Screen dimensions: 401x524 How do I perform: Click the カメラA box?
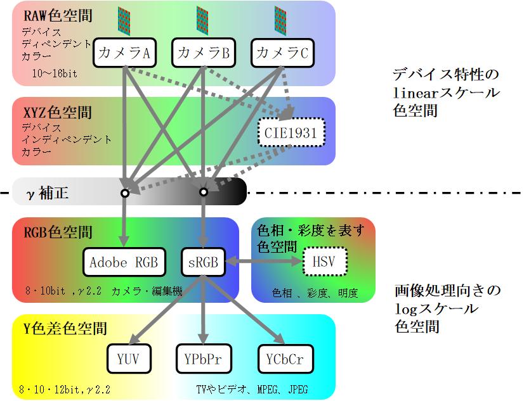pos(124,54)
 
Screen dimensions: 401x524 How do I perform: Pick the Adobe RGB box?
pos(124,262)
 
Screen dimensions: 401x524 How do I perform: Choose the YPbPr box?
pos(203,359)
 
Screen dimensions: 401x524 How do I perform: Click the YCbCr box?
pos(282,359)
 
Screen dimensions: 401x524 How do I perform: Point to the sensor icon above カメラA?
pos(124,21)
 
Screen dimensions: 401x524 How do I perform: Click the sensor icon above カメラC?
pos(281,21)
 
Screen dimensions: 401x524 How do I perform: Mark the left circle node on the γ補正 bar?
pos(124,192)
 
